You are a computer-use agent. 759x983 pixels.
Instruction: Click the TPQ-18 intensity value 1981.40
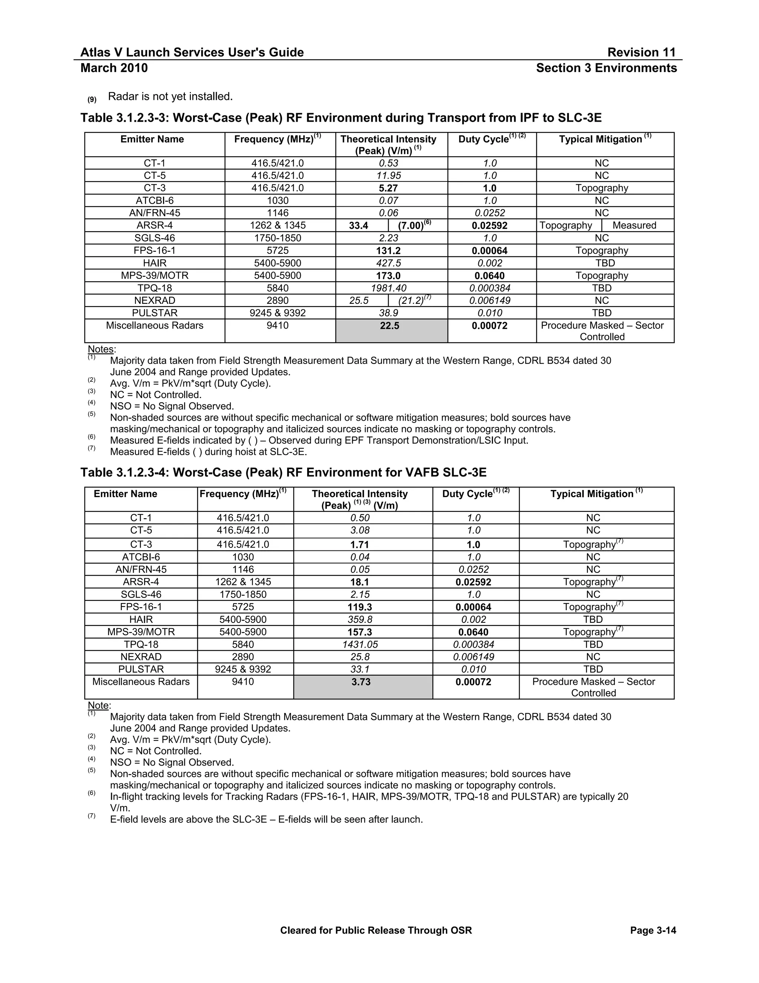coord(388,288)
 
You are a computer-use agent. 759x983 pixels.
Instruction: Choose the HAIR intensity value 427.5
coord(388,263)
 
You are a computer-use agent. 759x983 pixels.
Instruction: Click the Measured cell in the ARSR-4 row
coord(634,226)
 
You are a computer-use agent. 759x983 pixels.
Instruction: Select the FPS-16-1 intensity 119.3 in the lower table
coord(361,607)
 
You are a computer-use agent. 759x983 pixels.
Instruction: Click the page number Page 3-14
coord(653,930)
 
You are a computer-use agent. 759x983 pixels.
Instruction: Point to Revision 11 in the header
coord(641,52)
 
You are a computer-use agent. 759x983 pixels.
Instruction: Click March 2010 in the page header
coord(114,68)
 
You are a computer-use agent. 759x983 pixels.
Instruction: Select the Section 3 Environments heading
coord(606,68)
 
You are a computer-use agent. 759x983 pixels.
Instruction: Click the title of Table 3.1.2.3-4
coord(283,472)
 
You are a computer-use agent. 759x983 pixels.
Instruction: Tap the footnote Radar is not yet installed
coord(170,96)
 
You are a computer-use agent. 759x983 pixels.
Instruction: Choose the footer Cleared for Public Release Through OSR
coord(376,930)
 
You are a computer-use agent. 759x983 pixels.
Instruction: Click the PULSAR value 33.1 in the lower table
coord(360,669)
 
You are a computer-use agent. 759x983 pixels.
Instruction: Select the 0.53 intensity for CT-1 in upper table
coord(388,163)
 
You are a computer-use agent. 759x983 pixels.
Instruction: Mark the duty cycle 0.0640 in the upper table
coord(490,276)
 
